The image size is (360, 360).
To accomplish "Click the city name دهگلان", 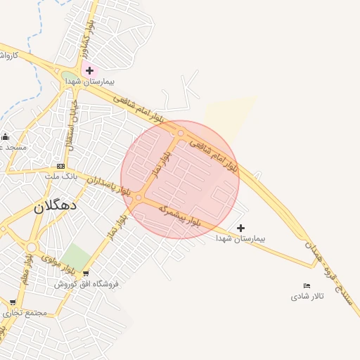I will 58,207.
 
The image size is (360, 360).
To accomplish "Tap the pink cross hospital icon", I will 89,70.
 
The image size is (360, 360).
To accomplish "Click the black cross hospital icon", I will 241,228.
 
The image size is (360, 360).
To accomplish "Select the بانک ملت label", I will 60,176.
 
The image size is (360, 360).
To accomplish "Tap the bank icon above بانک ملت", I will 60,166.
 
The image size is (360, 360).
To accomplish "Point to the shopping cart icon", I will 86,274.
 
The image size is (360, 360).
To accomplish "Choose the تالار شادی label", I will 307,296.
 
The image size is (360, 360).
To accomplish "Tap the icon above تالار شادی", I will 307,285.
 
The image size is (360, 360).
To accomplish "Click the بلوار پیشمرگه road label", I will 179,216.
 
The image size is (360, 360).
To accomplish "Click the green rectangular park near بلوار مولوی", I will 77,257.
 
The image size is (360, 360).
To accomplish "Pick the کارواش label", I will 7,54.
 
